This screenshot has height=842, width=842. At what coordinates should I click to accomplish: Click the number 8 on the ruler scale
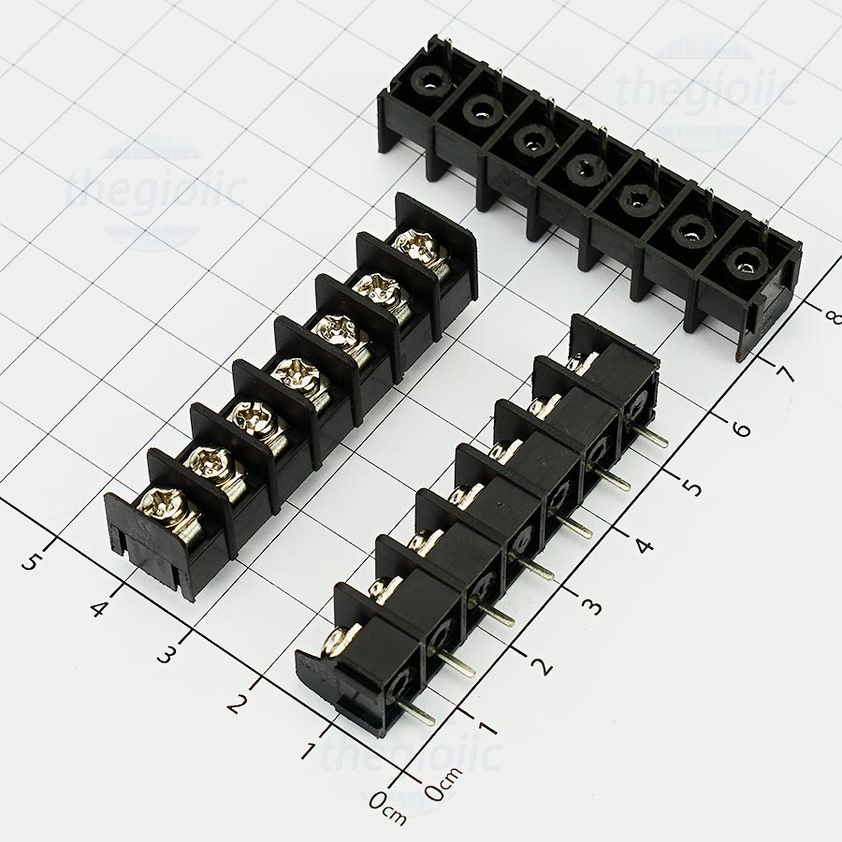tap(832, 317)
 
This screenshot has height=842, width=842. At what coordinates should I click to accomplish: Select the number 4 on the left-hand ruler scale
tap(99, 608)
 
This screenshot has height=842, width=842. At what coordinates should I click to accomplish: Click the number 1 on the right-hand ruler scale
tap(488, 727)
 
